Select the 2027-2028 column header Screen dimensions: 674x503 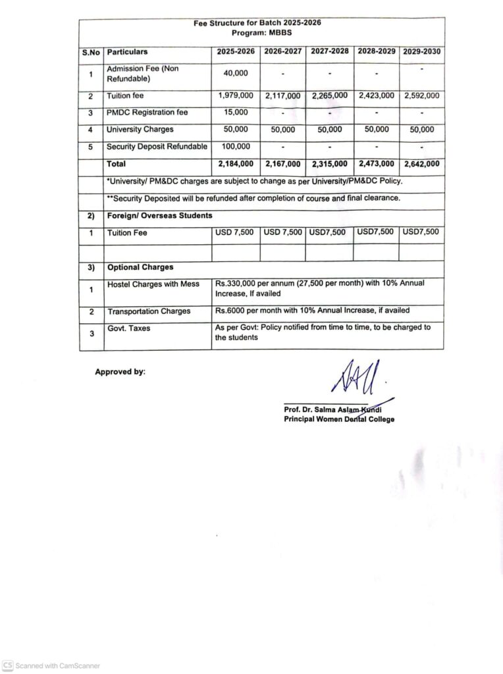click(x=329, y=51)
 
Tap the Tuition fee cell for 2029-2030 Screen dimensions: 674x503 click(x=421, y=95)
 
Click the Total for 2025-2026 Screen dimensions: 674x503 click(x=235, y=164)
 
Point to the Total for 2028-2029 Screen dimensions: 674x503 click(x=376, y=164)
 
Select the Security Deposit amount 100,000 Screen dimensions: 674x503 click(x=235, y=146)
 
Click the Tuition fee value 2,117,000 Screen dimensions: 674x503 click(x=282, y=96)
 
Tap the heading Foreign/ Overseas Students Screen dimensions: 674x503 click(x=159, y=215)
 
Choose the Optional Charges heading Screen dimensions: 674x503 click(x=140, y=267)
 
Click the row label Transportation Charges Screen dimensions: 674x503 click(x=149, y=311)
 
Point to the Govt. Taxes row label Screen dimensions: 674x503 click(x=128, y=328)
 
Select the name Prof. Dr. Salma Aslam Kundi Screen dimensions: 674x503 click(x=333, y=410)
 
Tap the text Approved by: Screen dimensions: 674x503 click(x=120, y=372)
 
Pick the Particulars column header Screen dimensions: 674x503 click(x=127, y=51)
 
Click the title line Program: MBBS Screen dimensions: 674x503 click(x=261, y=32)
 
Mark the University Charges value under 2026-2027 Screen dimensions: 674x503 click(x=282, y=130)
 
